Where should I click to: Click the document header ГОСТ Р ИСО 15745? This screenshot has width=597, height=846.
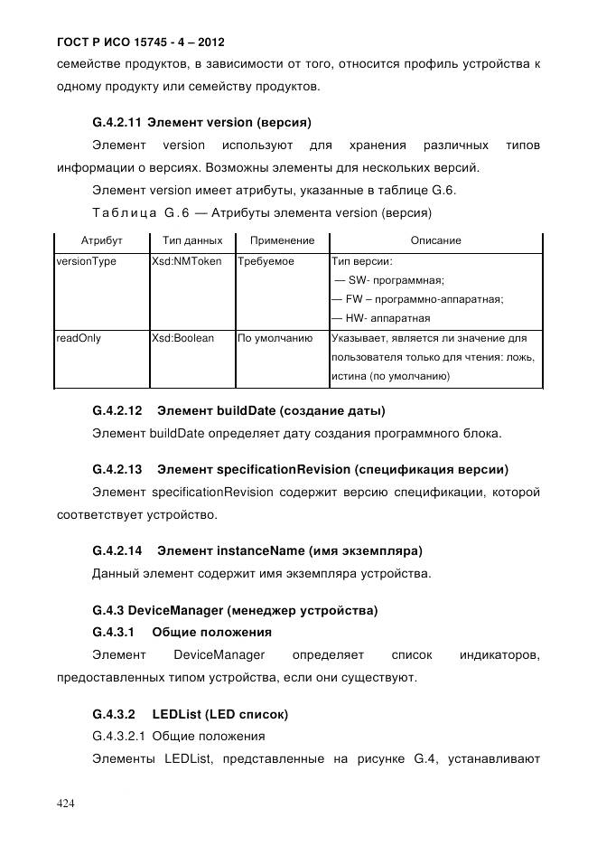point(140,42)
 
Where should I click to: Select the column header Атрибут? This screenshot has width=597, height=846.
point(101,241)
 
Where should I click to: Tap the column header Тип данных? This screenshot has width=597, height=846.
point(191,241)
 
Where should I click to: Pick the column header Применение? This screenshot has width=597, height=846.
point(282,241)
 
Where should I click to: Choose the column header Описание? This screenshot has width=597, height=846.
point(435,241)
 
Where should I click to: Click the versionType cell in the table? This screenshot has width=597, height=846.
point(86,261)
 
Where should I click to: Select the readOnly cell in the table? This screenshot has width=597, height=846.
point(79,338)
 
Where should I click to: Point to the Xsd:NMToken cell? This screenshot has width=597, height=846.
point(187,261)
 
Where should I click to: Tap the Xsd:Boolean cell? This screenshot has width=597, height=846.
point(183,338)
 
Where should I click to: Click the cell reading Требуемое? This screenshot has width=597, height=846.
point(266,261)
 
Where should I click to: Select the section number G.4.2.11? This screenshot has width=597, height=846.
point(117,121)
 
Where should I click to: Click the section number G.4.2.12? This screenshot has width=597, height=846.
point(117,410)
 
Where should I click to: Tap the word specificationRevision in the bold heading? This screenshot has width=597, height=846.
point(282,469)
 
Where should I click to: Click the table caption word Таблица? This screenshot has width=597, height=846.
point(121,213)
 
